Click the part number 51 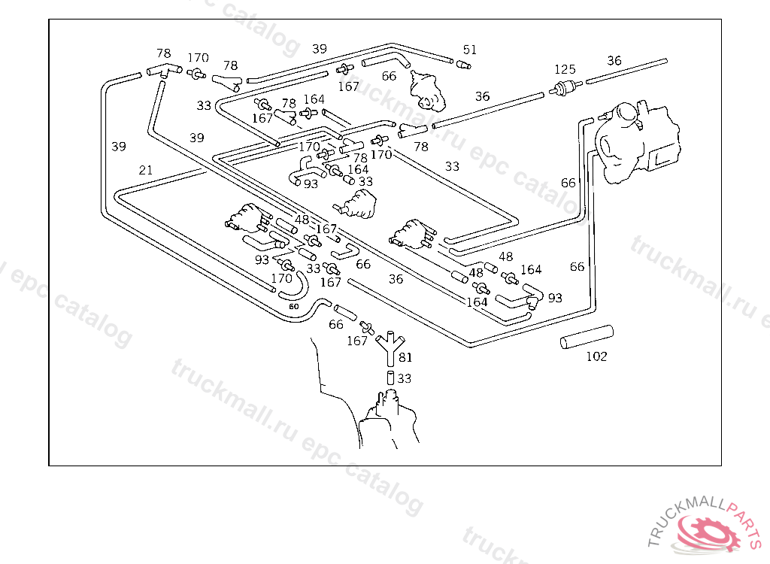[470, 50]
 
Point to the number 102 [596, 356]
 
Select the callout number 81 [405, 357]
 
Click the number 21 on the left [146, 171]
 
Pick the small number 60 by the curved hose [293, 307]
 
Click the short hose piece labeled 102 [587, 336]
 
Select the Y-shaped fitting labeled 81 [388, 347]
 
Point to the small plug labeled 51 [464, 65]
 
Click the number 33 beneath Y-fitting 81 [405, 379]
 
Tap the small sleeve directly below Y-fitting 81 [390, 378]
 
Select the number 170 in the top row [198, 58]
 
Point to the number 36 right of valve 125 [614, 61]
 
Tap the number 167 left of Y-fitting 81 [357, 341]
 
